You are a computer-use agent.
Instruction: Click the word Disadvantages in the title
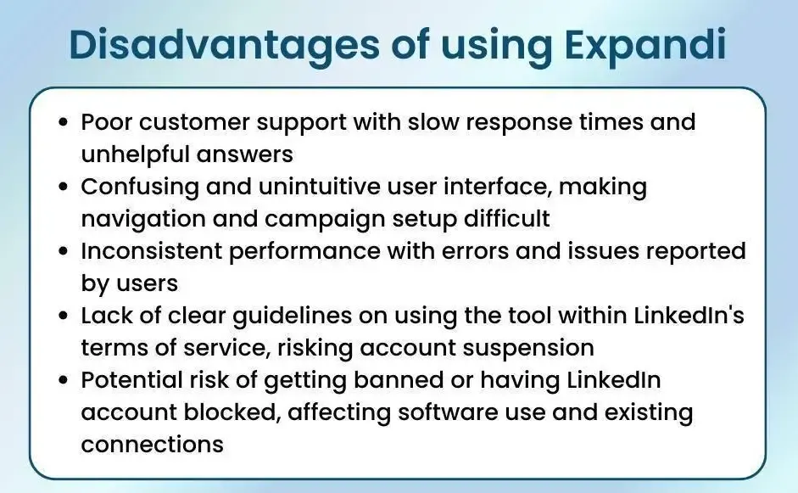224,44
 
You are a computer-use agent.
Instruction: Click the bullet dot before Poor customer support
63,122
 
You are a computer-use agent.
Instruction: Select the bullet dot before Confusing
63,187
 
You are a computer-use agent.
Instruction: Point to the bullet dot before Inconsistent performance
63,251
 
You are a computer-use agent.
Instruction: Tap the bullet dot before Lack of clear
63,316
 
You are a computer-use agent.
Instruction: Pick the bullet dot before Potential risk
63,380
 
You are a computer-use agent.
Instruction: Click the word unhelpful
135,154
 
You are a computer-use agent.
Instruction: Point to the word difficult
507,218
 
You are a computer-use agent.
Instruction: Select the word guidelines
292,317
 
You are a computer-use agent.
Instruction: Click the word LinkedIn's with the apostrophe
689,316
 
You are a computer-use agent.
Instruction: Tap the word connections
152,445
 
